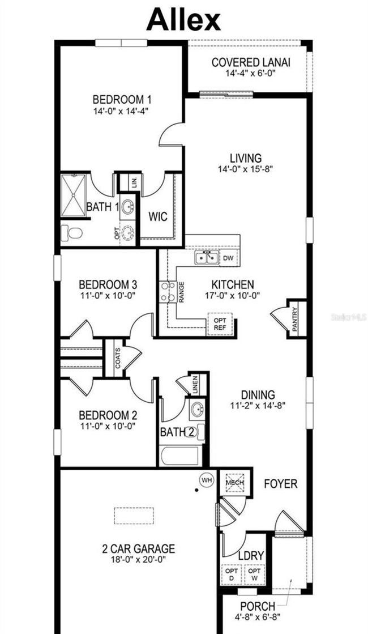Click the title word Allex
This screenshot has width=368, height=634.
click(183, 20)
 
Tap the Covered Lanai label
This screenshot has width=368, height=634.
click(251, 63)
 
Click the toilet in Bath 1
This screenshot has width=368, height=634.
click(72, 233)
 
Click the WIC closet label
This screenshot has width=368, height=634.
click(158, 217)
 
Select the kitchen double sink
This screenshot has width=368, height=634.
click(207, 258)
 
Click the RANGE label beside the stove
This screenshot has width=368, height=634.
click(182, 292)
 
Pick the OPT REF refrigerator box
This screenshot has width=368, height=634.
click(220, 324)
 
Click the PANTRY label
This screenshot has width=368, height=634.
click(294, 320)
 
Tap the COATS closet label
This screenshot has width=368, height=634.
click(118, 358)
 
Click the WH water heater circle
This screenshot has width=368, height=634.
click(207, 480)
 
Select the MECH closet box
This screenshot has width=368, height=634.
click(235, 482)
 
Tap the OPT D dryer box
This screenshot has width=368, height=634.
click(232, 574)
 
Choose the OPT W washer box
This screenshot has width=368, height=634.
click(255, 574)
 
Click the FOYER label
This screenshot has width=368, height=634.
click(281, 484)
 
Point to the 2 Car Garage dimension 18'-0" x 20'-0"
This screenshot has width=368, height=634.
click(138, 560)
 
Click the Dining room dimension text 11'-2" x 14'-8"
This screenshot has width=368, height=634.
click(258, 405)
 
